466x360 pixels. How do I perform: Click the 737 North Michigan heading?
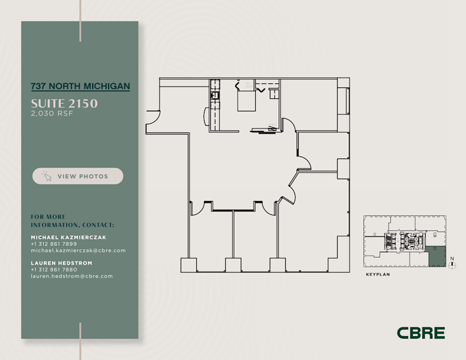[x=80, y=87]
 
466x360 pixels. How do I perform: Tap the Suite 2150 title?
[x=64, y=103]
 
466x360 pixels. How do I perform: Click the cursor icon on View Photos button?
[x=47, y=176]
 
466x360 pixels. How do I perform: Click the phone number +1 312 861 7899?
[x=54, y=244]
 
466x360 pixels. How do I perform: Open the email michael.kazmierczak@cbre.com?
[x=78, y=251]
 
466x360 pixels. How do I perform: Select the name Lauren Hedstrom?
[x=62, y=263]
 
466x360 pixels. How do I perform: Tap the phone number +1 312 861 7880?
[x=54, y=270]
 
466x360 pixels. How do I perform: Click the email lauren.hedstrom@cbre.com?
[x=72, y=277]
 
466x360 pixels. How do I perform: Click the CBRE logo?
[x=421, y=333]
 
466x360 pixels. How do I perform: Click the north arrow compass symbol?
[x=453, y=265]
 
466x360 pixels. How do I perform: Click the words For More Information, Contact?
[x=72, y=221]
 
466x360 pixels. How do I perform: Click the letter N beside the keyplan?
[x=452, y=258]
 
